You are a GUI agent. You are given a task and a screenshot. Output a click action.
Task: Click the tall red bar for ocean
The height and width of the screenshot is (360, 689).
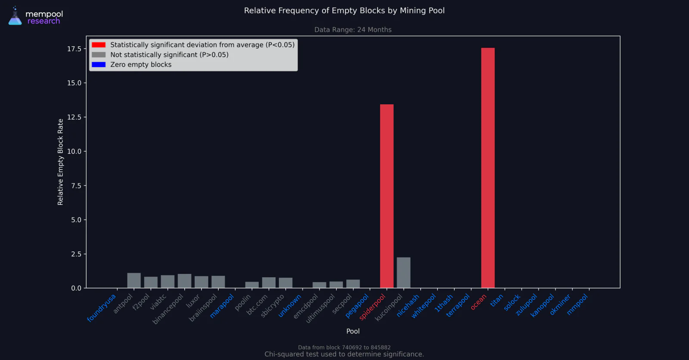[x=488, y=168]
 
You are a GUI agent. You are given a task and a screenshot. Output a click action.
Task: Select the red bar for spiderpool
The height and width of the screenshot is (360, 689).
[x=387, y=196]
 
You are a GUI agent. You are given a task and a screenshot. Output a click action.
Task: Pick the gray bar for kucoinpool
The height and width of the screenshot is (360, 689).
[x=403, y=273]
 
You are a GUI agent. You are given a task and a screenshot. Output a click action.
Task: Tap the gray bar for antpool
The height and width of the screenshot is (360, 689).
[x=134, y=280]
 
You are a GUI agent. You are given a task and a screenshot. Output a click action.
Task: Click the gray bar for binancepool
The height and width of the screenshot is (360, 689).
[x=185, y=281]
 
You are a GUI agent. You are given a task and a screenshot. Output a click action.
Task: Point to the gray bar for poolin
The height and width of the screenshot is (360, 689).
[x=252, y=285]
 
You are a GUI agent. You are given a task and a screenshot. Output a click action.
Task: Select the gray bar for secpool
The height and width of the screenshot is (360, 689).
[x=353, y=284]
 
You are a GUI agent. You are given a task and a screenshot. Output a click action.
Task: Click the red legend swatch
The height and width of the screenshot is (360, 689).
[x=99, y=45]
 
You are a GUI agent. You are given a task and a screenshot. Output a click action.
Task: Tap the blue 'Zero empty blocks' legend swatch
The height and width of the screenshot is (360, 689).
[x=99, y=65]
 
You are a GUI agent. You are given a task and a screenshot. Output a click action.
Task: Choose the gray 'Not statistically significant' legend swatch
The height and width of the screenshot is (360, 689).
[x=99, y=55]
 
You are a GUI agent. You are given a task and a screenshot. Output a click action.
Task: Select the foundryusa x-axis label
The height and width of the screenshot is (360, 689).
[x=102, y=308]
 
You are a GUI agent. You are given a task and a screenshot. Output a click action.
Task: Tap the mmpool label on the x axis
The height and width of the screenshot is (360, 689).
[x=577, y=304]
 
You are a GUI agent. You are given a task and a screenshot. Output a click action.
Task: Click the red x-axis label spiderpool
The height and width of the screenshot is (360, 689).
[x=372, y=307]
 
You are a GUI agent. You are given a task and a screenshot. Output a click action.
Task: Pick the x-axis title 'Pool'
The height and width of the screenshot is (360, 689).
[x=353, y=332]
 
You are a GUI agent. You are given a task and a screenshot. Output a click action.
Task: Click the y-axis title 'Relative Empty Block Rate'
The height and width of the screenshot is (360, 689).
[x=60, y=162]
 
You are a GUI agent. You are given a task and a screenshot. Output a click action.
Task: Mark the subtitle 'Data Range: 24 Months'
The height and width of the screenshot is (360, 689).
[x=353, y=30]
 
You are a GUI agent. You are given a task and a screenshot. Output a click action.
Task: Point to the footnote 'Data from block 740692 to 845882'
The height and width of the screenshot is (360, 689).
[x=344, y=348]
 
